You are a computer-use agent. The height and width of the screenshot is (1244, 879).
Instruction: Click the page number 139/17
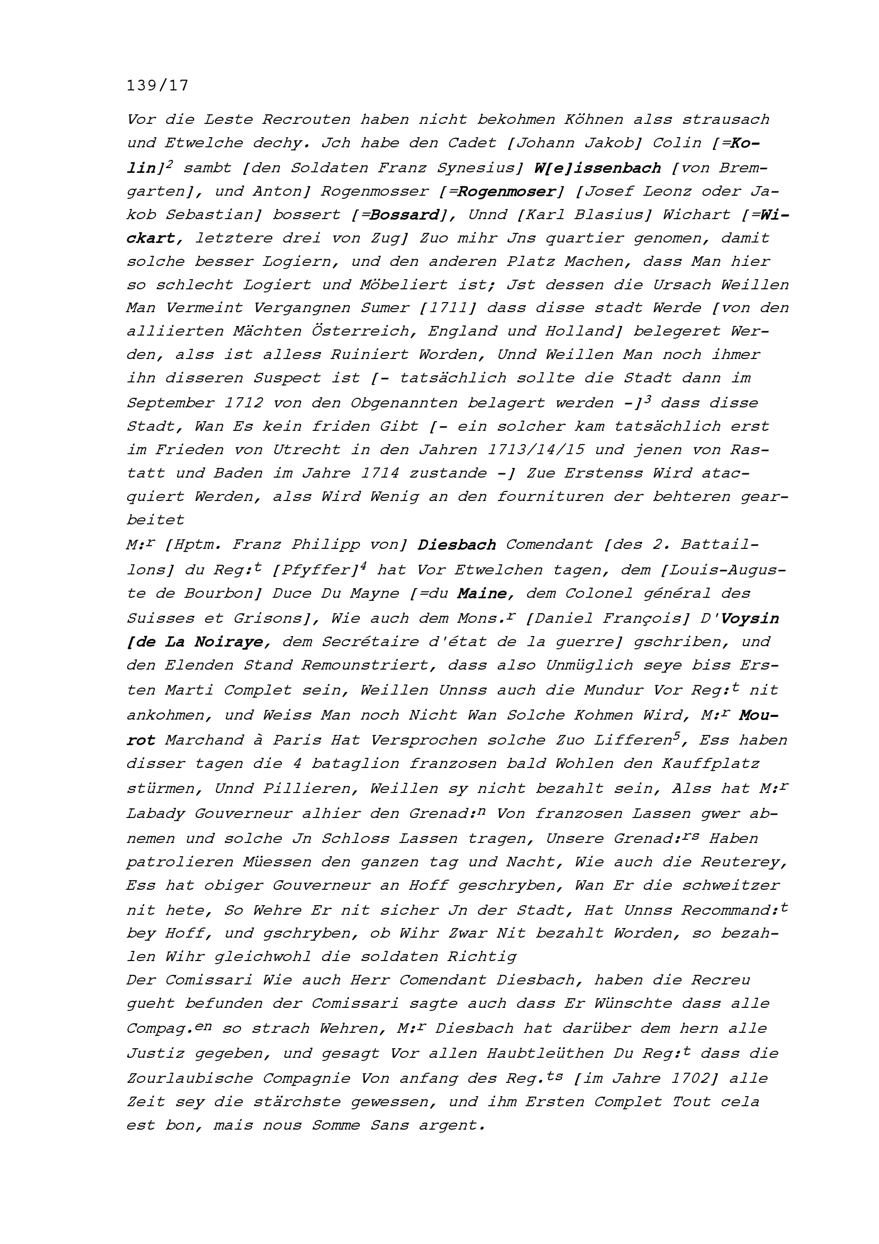coord(157,86)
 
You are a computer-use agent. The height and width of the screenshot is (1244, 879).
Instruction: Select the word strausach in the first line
coord(726,119)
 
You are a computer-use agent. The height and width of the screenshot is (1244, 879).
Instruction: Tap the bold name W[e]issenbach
coord(597,168)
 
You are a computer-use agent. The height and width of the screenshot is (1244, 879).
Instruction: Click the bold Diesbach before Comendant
coord(457,545)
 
